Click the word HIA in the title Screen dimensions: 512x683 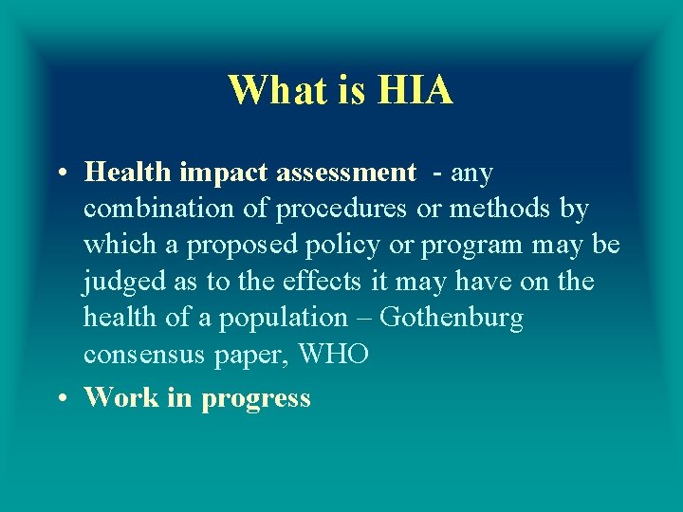pyautogui.click(x=415, y=91)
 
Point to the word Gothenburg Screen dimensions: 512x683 pyautogui.click(x=452, y=317)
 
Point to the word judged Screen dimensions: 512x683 pyautogui.click(x=122, y=282)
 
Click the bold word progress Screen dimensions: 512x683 pyautogui.click(x=256, y=398)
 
